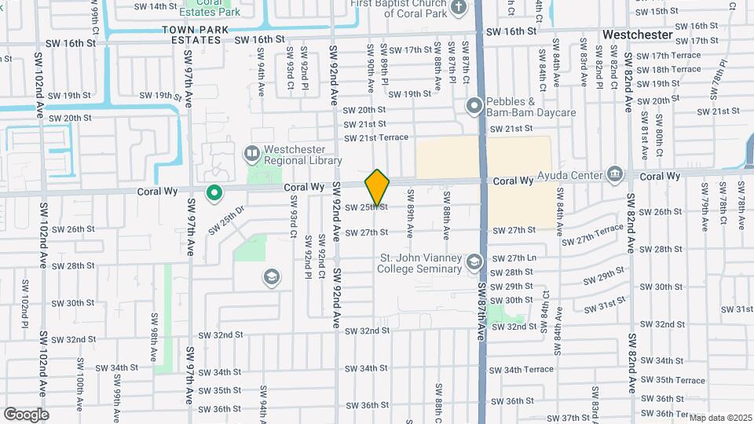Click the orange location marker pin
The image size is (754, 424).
[377, 187]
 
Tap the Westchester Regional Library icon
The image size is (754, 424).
[252, 153]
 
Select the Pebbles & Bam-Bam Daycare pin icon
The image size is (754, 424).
[474, 105]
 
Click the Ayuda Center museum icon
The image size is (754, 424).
[614, 174]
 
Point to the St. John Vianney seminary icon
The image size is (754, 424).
[474, 261]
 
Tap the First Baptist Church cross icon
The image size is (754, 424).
[459, 9]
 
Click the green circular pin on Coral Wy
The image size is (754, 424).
[214, 192]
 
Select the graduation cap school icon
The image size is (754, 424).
[271, 277]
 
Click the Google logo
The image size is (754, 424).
[26, 414]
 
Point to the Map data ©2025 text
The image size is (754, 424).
[720, 417]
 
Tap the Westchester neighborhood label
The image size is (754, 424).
[637, 35]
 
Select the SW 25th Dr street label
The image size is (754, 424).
[227, 220]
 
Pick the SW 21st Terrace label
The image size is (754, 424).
[375, 137]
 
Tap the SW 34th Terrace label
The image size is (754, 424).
[521, 369]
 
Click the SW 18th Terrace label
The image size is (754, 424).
[668, 69]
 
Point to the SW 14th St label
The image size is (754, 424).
[156, 6]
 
